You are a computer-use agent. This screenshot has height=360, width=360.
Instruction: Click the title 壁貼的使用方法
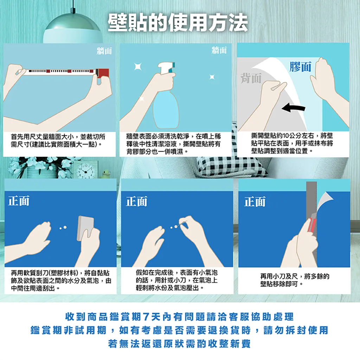(x=178, y=22)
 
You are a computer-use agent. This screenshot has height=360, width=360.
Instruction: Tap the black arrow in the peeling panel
(x=294, y=108)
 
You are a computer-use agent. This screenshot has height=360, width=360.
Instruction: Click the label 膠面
(x=300, y=66)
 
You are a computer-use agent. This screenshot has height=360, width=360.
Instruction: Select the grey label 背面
(x=251, y=78)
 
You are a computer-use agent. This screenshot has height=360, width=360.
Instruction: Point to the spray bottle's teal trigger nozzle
(x=173, y=66)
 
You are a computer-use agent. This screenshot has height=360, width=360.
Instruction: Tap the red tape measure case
(x=102, y=73)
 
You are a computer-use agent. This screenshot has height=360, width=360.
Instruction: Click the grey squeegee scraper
(x=85, y=228)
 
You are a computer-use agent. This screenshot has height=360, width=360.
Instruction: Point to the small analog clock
(x=86, y=171)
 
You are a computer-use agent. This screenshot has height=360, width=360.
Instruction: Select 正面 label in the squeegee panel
(x=19, y=201)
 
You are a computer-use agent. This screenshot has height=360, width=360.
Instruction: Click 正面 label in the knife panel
(x=255, y=201)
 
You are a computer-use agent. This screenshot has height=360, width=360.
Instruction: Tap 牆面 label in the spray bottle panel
(x=219, y=50)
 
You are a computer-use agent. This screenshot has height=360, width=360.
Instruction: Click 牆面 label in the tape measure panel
(x=104, y=51)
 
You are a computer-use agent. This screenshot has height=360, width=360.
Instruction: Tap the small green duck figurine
(x=106, y=174)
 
